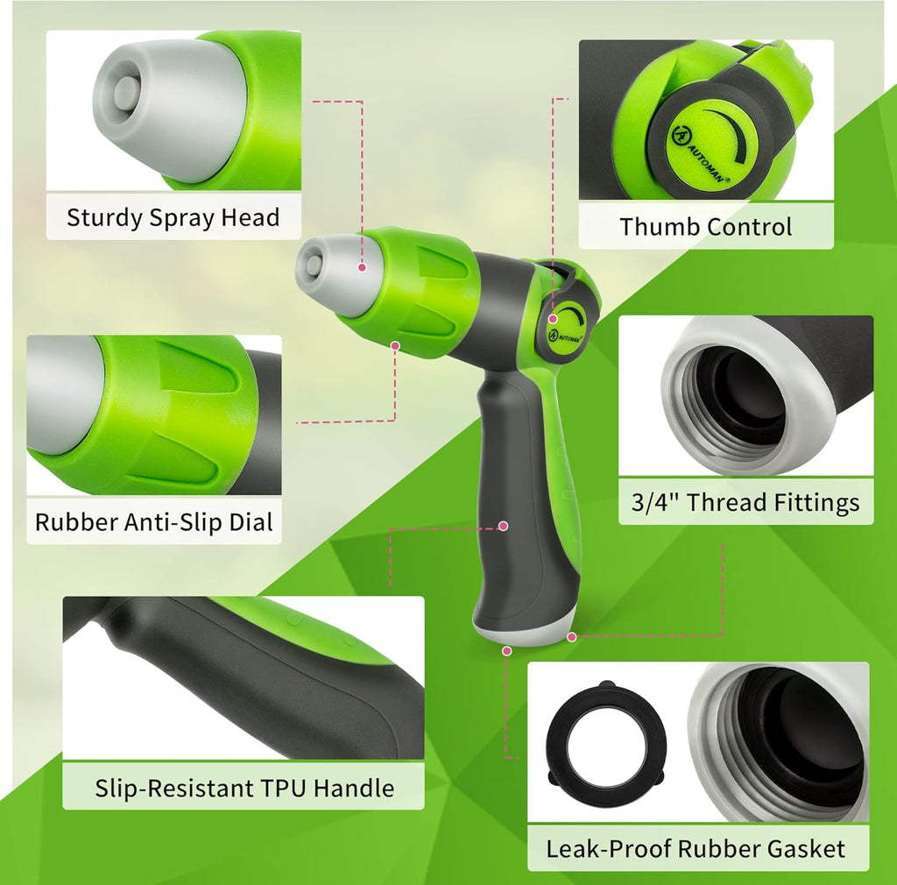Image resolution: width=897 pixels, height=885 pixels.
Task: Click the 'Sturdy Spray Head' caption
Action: tap(173, 217)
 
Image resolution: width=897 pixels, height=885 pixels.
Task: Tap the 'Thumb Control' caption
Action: tap(705, 226)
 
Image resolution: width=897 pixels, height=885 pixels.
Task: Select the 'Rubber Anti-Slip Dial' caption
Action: tap(154, 522)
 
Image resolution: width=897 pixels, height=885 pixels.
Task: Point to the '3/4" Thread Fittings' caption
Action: tap(745, 502)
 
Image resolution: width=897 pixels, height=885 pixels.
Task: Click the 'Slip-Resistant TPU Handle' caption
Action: tap(244, 788)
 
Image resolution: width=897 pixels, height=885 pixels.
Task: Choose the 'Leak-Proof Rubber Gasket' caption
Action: tap(696, 848)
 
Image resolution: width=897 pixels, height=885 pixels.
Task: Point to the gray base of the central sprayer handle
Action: tap(524, 632)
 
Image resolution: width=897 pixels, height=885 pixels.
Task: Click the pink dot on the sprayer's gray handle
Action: tap(504, 526)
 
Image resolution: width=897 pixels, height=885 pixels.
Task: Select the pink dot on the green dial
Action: tap(396, 346)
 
